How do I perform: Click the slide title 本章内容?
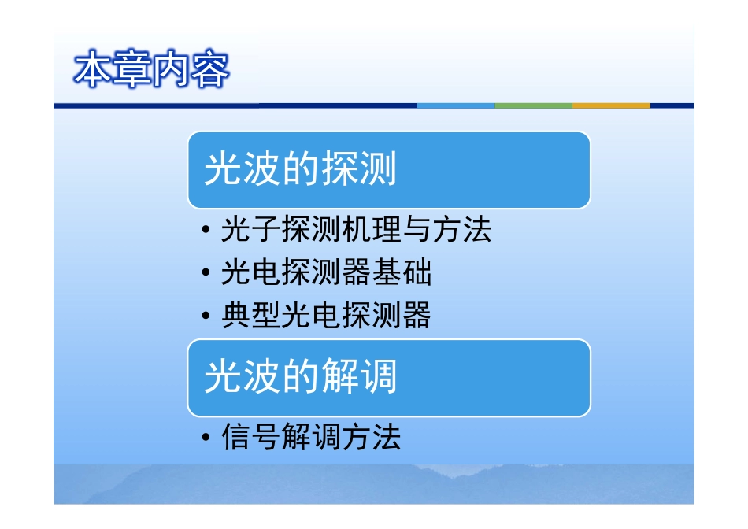pyautogui.click(x=152, y=69)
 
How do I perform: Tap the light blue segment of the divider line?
pyautogui.click(x=456, y=105)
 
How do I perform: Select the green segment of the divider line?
pyautogui.click(x=534, y=105)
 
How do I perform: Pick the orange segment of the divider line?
pyautogui.click(x=611, y=105)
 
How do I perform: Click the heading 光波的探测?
pyautogui.click(x=300, y=168)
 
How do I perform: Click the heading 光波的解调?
pyautogui.click(x=300, y=376)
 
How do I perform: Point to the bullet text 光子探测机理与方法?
pyautogui.click(x=356, y=229)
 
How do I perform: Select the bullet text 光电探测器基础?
pyautogui.click(x=326, y=272)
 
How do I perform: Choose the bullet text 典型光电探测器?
pyautogui.click(x=326, y=315)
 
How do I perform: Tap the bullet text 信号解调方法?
pyautogui.click(x=311, y=436)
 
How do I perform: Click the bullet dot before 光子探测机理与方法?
pyautogui.click(x=206, y=230)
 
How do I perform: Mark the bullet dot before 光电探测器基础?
pyautogui.click(x=206, y=272)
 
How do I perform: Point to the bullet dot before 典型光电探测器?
pyautogui.click(x=206, y=316)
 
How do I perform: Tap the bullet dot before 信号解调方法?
pyautogui.click(x=206, y=437)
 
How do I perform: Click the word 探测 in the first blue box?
pyautogui.click(x=359, y=168)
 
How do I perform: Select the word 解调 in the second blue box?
pyautogui.click(x=359, y=376)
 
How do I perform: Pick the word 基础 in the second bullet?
pyautogui.click(x=402, y=272)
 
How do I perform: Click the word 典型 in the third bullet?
pyautogui.click(x=251, y=315)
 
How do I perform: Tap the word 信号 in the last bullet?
pyautogui.click(x=251, y=436)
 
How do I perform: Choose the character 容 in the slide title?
pyautogui.click(x=210, y=69)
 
